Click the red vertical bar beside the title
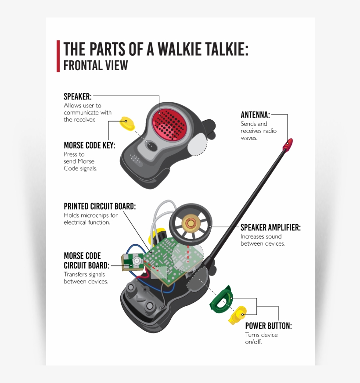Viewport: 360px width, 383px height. tap(58, 56)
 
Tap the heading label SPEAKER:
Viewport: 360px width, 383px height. tap(77, 97)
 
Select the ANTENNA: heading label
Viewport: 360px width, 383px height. tap(255, 115)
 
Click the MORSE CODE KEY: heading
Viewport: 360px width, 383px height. tap(90, 145)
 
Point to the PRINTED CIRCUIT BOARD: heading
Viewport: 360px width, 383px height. tap(100, 206)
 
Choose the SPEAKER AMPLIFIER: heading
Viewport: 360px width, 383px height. tap(270, 228)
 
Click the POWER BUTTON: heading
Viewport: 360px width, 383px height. tap(268, 326)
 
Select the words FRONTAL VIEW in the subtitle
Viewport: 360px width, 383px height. tap(96, 65)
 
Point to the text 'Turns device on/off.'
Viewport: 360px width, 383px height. tap(261, 338)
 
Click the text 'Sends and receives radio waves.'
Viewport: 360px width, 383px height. tap(258, 131)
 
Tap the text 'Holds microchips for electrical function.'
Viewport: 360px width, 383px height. tap(91, 218)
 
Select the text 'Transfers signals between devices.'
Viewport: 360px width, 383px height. tap(86, 278)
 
